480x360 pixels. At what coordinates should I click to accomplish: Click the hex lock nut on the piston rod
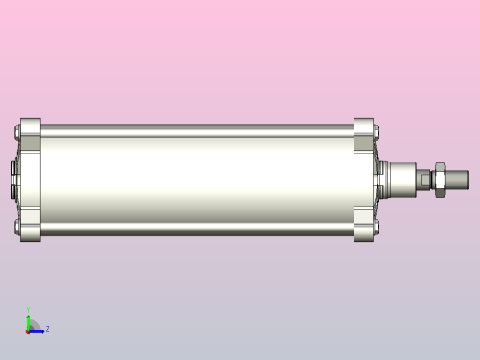click(439, 179)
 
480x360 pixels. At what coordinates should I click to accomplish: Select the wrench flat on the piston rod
click(426, 179)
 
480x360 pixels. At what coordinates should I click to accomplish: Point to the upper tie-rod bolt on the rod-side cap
click(377, 135)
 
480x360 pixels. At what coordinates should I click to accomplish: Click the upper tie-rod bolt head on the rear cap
click(17, 135)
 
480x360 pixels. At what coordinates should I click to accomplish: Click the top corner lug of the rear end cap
click(30, 127)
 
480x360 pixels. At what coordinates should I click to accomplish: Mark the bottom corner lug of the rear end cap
click(30, 232)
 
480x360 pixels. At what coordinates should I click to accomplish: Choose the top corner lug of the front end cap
click(363, 127)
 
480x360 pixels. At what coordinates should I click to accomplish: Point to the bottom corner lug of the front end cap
click(363, 232)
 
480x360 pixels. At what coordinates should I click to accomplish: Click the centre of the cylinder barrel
click(196, 179)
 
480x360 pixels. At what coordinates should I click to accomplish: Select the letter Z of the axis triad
click(47, 329)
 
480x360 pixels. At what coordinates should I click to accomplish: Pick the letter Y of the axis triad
click(28, 310)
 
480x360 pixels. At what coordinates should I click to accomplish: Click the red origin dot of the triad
click(28, 330)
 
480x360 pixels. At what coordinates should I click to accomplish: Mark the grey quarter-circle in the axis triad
click(33, 325)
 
